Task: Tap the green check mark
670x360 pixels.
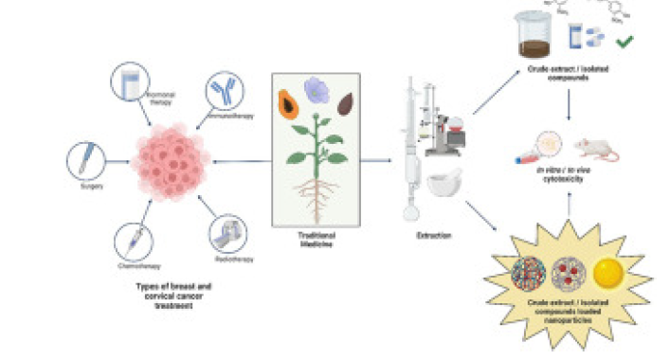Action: pyautogui.click(x=625, y=42)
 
